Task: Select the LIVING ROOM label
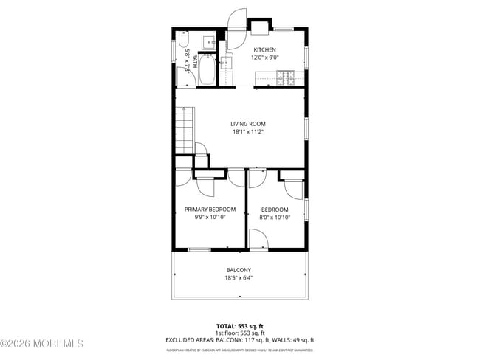click(x=248, y=124)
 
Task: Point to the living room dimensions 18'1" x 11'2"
click(x=248, y=132)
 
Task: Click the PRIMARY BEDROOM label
click(x=210, y=210)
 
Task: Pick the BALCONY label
click(x=239, y=270)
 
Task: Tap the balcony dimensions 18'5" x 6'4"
click(x=239, y=278)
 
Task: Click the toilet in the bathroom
click(x=185, y=40)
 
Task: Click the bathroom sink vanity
click(x=210, y=41)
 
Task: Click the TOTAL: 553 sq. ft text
click(x=239, y=325)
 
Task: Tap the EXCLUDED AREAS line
click(x=239, y=340)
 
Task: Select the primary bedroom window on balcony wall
click(x=199, y=250)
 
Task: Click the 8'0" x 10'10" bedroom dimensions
click(x=275, y=218)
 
